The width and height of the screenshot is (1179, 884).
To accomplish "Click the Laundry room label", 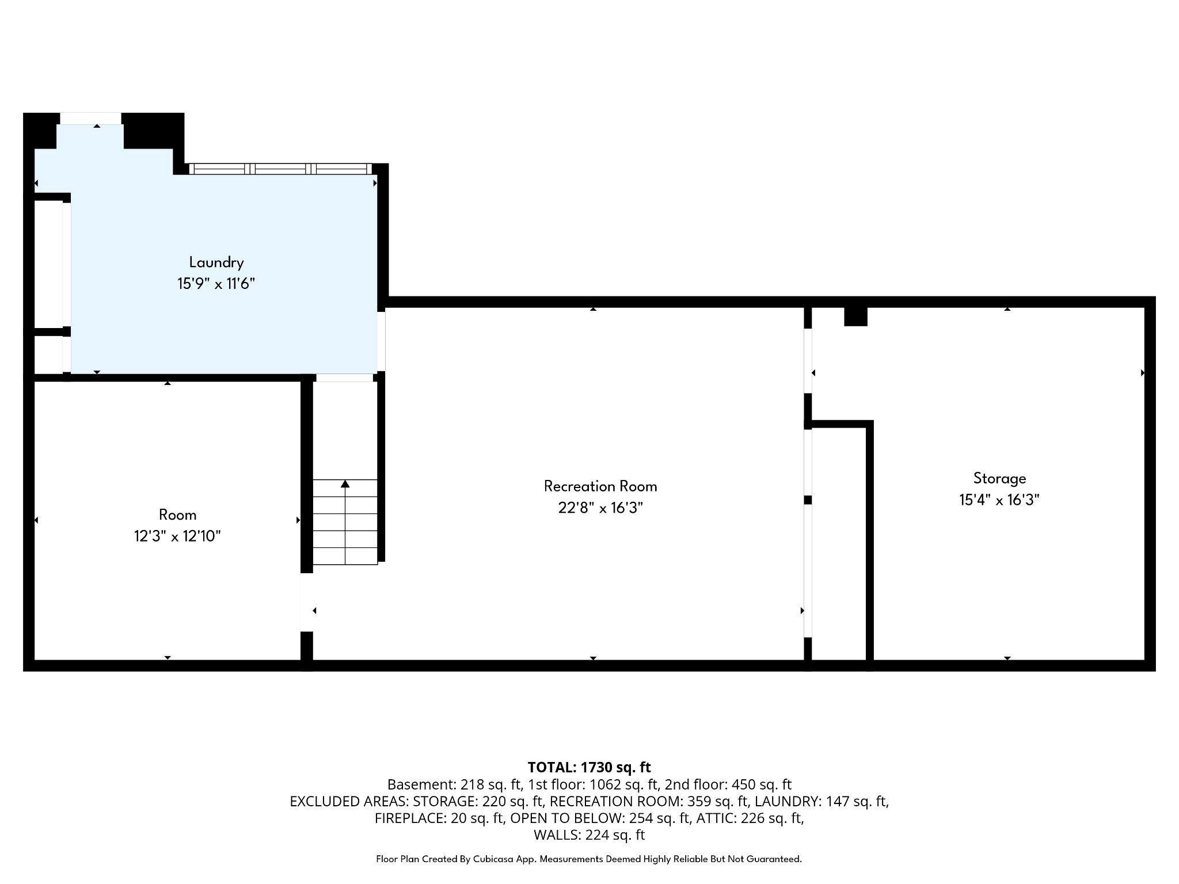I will [216, 262].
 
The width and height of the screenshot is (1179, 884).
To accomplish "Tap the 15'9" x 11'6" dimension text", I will [216, 284].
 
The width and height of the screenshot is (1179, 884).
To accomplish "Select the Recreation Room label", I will [600, 486].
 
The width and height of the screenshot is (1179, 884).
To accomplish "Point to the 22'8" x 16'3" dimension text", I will [600, 508].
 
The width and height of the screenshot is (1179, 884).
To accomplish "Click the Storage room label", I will [999, 478].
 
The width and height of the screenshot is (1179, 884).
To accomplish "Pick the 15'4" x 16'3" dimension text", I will [999, 500].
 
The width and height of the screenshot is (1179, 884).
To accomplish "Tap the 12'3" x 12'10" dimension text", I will [177, 536].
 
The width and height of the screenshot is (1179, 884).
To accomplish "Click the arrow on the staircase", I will [345, 485].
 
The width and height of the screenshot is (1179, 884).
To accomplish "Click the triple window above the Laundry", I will [281, 169].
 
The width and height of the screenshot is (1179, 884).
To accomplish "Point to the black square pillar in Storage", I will [855, 317].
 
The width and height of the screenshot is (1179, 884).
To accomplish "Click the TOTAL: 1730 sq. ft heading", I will [589, 767].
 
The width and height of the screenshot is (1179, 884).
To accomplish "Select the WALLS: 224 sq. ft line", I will [589, 835].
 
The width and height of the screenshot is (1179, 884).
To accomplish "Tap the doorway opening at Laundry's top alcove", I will [91, 119].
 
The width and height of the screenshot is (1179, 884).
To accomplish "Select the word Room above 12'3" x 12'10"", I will [177, 515].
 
